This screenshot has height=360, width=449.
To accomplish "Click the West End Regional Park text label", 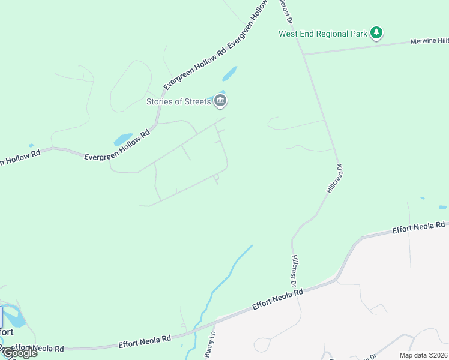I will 322,34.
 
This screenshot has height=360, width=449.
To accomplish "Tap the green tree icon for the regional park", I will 376,33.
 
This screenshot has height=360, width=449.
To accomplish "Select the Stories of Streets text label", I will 179,101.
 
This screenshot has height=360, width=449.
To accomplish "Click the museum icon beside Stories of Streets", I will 220,101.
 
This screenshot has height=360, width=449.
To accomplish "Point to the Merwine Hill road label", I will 429,41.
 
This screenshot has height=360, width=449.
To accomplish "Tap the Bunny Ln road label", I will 210,345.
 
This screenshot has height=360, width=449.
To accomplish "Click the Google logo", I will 19,353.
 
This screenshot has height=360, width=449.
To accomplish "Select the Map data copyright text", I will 423,355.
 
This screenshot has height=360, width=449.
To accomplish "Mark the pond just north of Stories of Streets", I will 229,74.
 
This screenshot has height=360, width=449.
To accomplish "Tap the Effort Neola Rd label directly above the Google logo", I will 37,348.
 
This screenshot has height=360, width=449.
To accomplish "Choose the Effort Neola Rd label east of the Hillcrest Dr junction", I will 419,227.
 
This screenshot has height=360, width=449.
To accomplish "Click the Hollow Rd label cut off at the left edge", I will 20,157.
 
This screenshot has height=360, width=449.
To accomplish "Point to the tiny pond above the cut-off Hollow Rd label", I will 31,145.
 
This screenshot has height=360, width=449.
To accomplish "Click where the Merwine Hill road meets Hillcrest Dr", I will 304,55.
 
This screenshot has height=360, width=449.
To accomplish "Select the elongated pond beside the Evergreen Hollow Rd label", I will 124,139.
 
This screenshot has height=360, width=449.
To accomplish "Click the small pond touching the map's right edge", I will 443,207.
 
